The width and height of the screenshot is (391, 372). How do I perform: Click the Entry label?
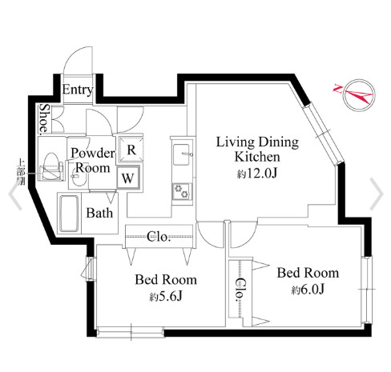[77, 89]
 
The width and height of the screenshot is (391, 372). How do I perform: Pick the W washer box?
[128, 178]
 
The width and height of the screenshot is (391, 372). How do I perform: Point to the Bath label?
[100, 214]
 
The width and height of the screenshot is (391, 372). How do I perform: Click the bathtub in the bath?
[71, 211]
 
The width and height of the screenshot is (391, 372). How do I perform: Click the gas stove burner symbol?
[179, 190]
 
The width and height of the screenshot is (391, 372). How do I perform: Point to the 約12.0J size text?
[256, 173]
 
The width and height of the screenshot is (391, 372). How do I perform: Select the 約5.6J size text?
[165, 297]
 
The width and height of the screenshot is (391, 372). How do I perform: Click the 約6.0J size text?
[308, 289]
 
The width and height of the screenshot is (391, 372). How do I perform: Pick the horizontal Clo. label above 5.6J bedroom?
[158, 236]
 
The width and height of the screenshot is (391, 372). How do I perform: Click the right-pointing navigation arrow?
[377, 192]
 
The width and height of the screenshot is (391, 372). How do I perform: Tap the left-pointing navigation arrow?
[14, 192]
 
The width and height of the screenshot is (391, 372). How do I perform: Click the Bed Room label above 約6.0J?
[308, 272]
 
